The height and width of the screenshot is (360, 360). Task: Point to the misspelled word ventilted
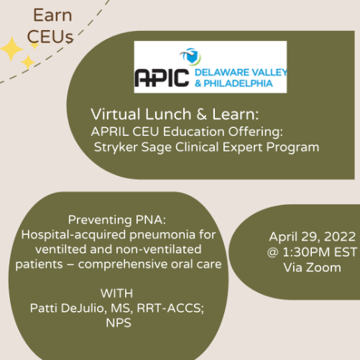(39, 249)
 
